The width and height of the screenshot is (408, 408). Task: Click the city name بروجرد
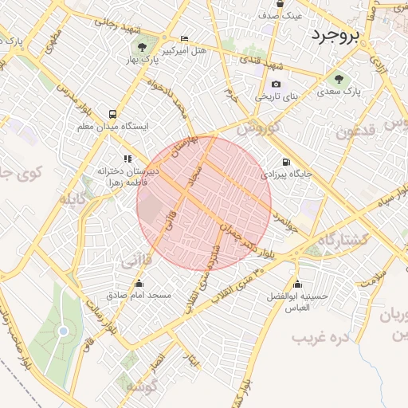336,36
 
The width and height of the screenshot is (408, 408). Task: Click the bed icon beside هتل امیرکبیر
185,38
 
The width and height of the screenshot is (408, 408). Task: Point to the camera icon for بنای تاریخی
276,84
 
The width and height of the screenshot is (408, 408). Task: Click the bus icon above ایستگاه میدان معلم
112,114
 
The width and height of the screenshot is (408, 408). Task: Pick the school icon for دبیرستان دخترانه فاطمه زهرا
127,159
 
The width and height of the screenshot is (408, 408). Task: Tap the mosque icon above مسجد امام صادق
139,283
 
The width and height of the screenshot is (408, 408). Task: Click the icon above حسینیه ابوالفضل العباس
298,284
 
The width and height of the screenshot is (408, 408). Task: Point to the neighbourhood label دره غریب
322,339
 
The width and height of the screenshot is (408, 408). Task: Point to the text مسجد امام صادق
140,295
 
